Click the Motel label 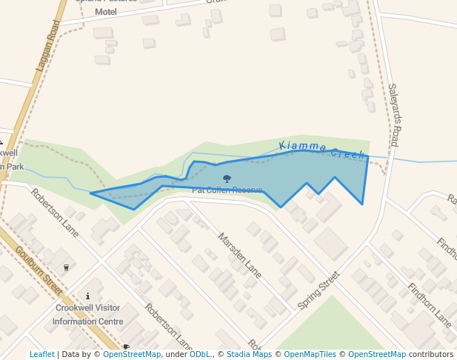coord(106,12)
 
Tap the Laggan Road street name coord(48,44)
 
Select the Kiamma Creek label coord(322,149)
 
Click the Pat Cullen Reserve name coord(227,190)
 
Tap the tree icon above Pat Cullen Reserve coord(227,179)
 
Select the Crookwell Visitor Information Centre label coord(88,315)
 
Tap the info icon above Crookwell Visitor coord(88,296)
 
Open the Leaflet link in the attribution coord(42,355)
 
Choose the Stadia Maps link coord(249,355)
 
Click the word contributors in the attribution coord(431,355)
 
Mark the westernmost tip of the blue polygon coord(91,194)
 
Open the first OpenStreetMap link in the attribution coord(132,355)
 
